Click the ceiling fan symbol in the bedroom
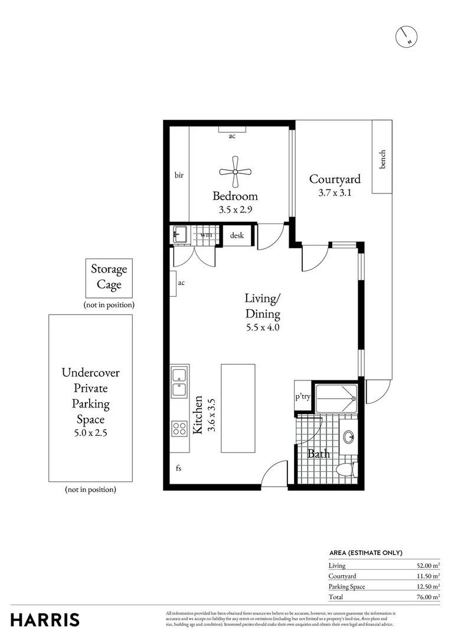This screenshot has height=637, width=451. [x=235, y=172]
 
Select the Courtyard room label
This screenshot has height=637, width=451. [x=335, y=179]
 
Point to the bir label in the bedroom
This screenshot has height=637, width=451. [x=179, y=175]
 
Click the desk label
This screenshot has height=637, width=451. [x=237, y=235]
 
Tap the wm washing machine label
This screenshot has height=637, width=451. [x=206, y=235]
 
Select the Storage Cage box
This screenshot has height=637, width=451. [x=109, y=277]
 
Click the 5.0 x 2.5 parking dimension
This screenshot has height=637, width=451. [x=90, y=432]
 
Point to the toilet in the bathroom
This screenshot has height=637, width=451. [x=344, y=470]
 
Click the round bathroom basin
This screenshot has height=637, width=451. [x=349, y=437]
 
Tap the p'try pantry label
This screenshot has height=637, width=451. [x=303, y=397]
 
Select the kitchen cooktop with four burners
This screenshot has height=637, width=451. [x=179, y=428]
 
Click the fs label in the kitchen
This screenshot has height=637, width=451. [x=178, y=469]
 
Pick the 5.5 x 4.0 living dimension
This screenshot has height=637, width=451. [x=263, y=327]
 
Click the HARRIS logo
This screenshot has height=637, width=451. [x=45, y=620]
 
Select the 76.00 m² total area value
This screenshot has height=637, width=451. [x=428, y=597]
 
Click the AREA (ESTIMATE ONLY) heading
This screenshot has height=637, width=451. [x=365, y=553]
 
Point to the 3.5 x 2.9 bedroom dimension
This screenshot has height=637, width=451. [x=235, y=209]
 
